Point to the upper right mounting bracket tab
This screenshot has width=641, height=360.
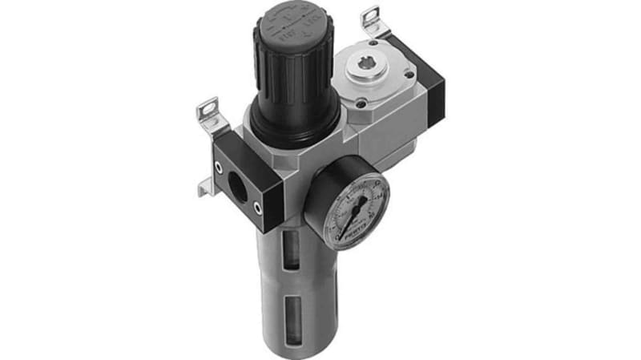pos(370,19)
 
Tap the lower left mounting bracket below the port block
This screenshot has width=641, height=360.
pos(207,188)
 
